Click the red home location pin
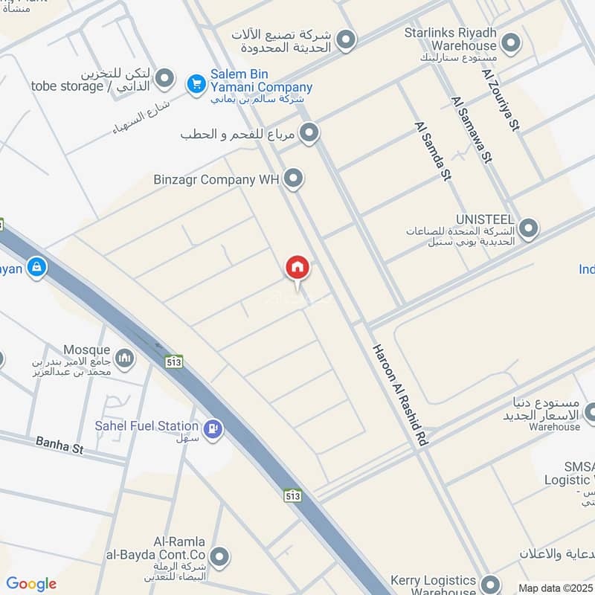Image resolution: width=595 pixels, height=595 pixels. (297, 268)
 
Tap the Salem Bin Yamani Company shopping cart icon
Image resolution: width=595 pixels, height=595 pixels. (196, 83)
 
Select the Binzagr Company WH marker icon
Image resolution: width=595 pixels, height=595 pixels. (295, 178)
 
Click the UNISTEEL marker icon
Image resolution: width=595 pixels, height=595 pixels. (528, 228)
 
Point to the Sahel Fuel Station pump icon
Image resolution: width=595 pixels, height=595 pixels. (213, 429)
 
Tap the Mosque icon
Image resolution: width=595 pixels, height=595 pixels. (125, 358)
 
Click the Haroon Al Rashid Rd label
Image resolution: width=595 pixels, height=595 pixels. (399, 395)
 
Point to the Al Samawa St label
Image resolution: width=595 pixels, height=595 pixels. (472, 140)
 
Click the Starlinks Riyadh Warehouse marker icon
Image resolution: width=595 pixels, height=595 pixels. (510, 43)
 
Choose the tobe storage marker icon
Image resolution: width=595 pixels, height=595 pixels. (164, 77)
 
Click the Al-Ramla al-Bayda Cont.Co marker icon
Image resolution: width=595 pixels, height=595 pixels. (219, 556)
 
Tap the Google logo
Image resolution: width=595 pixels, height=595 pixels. (31, 584)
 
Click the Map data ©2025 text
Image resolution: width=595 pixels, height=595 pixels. (555, 588)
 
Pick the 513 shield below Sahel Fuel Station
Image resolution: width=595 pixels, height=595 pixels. (292, 494)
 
